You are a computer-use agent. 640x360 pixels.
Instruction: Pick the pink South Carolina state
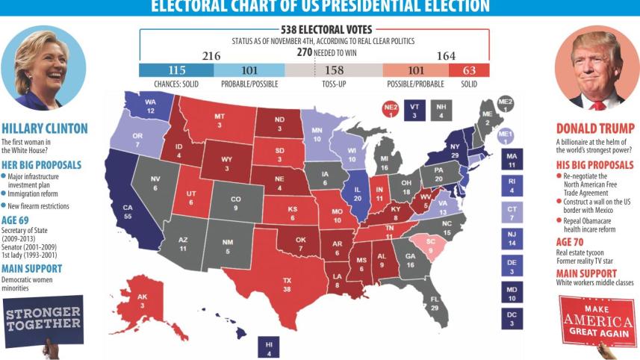429,246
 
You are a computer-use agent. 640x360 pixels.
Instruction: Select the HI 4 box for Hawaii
269,348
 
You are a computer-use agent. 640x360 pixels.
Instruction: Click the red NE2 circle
389,110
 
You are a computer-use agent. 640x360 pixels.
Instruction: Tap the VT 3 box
414,110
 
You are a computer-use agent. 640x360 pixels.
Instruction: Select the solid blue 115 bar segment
176,70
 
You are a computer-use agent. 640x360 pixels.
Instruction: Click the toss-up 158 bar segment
334,70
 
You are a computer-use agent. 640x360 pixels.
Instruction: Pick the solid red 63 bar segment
469,70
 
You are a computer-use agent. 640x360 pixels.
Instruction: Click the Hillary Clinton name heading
45,128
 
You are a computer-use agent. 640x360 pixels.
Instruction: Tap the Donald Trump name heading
595,128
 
